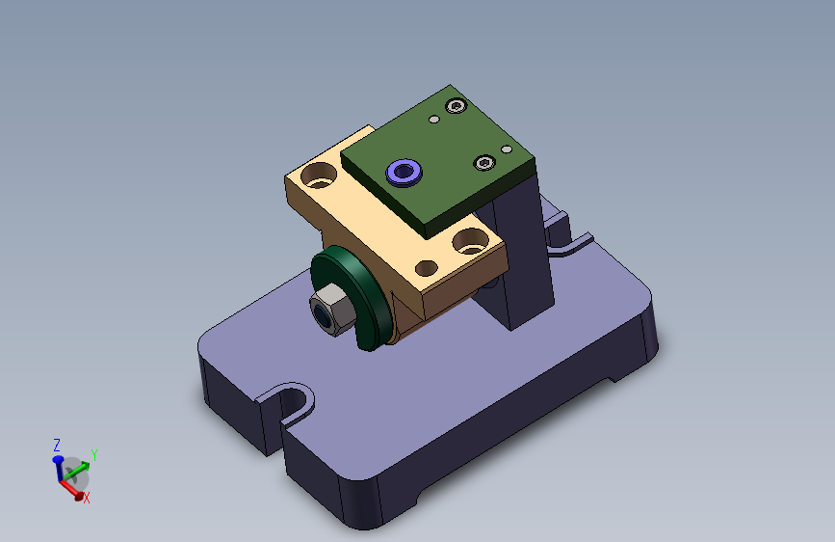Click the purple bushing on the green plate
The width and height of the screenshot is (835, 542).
click(x=404, y=173)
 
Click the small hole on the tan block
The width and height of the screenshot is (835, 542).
click(x=426, y=268)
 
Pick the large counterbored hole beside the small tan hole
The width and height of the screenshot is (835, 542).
click(x=470, y=241)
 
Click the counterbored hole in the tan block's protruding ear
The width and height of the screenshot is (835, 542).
click(x=319, y=176)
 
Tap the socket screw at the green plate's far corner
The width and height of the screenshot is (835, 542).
click(x=456, y=106)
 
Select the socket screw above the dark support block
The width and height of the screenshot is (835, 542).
click(x=484, y=162)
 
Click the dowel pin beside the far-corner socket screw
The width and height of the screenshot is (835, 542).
click(x=434, y=120)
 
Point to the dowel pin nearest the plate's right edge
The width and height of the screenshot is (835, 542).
click(x=507, y=149)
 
